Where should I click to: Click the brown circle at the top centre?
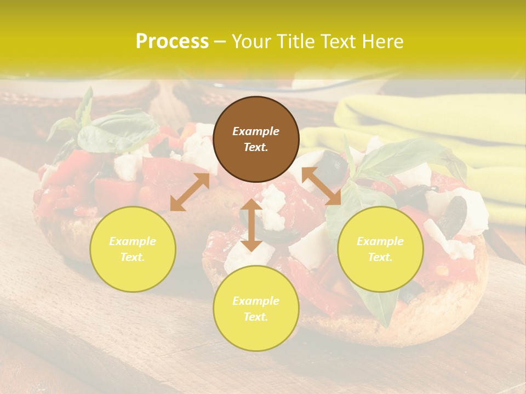pyautogui.click(x=256, y=140)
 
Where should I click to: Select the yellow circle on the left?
pyautogui.click(x=133, y=249)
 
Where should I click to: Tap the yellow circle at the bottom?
pyautogui.click(x=256, y=309)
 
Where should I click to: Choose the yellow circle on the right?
pyautogui.click(x=380, y=249)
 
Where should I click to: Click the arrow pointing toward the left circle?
pyautogui.click(x=190, y=192)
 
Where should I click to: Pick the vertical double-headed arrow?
pyautogui.click(x=251, y=225)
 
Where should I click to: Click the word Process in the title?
pyautogui.click(x=172, y=41)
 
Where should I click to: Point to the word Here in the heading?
pyautogui.click(x=383, y=41)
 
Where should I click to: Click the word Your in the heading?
pyautogui.click(x=251, y=41)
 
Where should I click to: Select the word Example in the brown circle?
pyautogui.click(x=256, y=131)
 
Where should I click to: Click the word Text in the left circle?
pyautogui.click(x=133, y=257)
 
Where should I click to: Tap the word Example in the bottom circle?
pyautogui.click(x=256, y=300)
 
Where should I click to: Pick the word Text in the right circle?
pyautogui.click(x=380, y=257)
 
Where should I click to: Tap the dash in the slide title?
pyautogui.click(x=220, y=42)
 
